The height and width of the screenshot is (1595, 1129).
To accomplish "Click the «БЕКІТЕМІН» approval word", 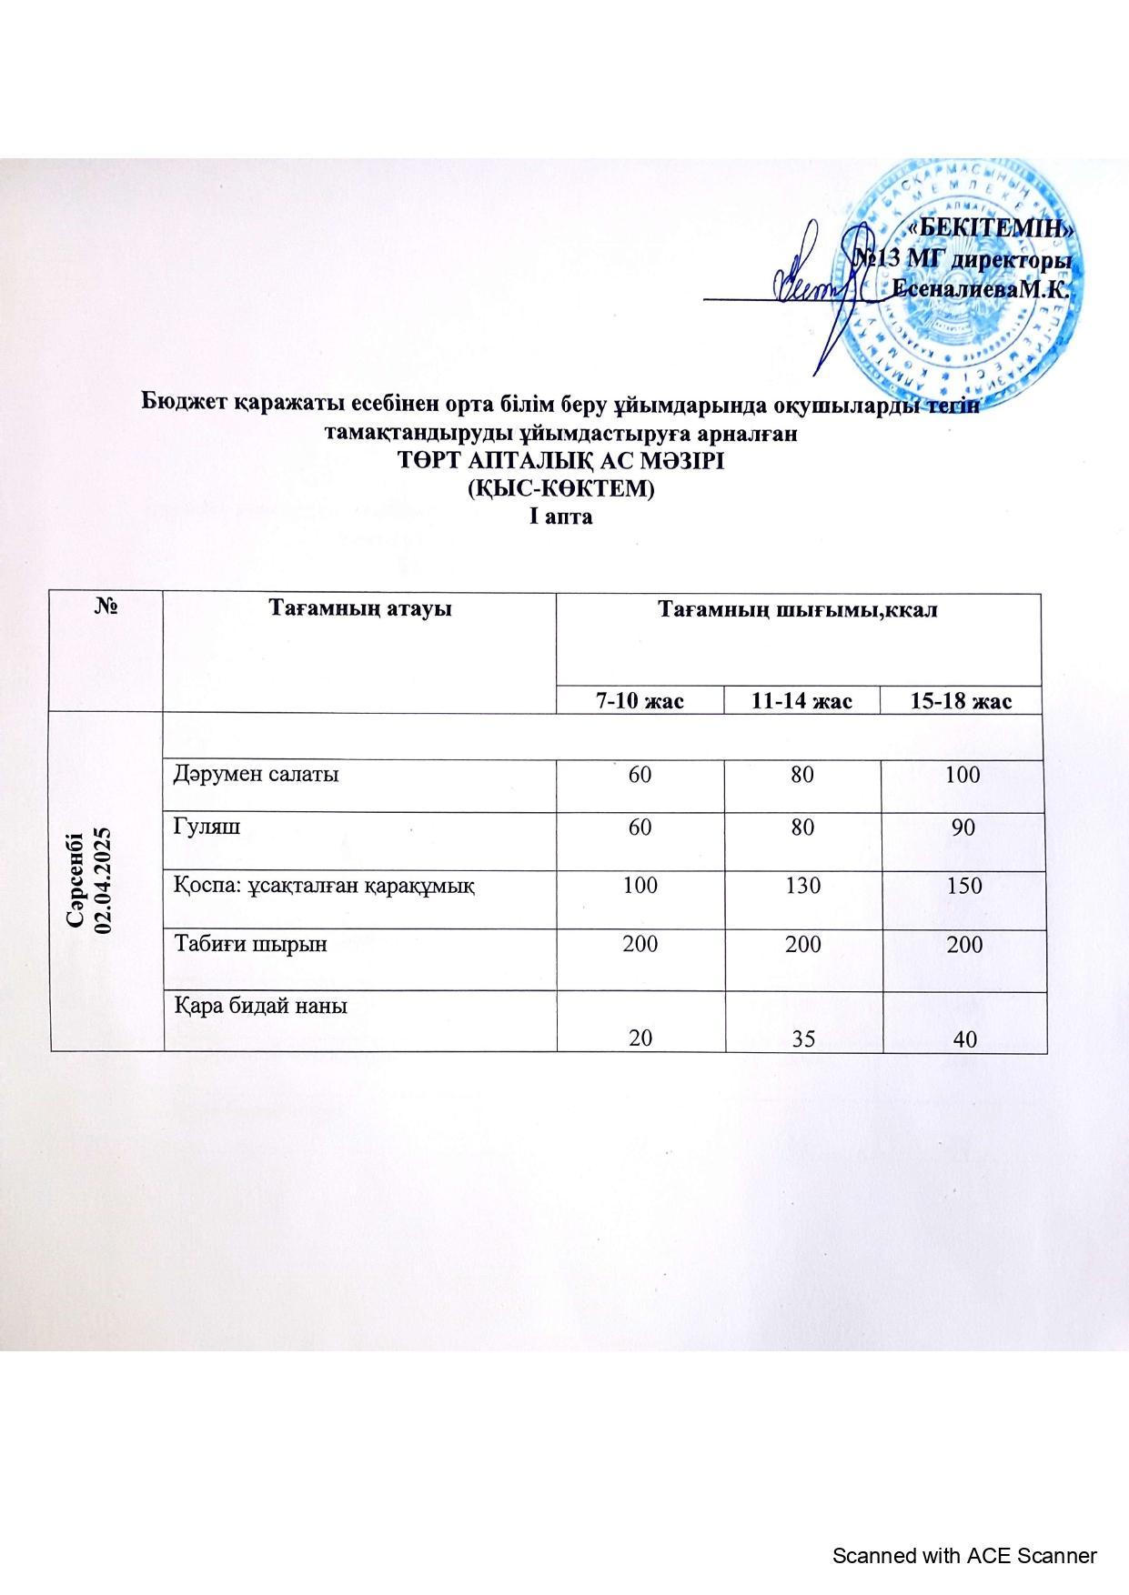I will [x=993, y=227].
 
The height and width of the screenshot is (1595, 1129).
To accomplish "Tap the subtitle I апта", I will [x=561, y=517].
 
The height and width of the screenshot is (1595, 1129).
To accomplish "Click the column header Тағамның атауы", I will [x=359, y=608].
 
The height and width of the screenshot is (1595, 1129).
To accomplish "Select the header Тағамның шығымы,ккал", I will [x=797, y=608].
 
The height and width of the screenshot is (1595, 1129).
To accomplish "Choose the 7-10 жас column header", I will [x=640, y=700].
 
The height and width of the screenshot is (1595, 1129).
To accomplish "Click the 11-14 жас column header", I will [x=802, y=700].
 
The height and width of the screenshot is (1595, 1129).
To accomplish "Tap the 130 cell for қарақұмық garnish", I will [x=802, y=885].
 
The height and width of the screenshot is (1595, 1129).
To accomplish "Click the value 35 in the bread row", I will [x=802, y=1038].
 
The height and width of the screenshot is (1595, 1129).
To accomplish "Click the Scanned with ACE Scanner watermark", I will [x=965, y=1555].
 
